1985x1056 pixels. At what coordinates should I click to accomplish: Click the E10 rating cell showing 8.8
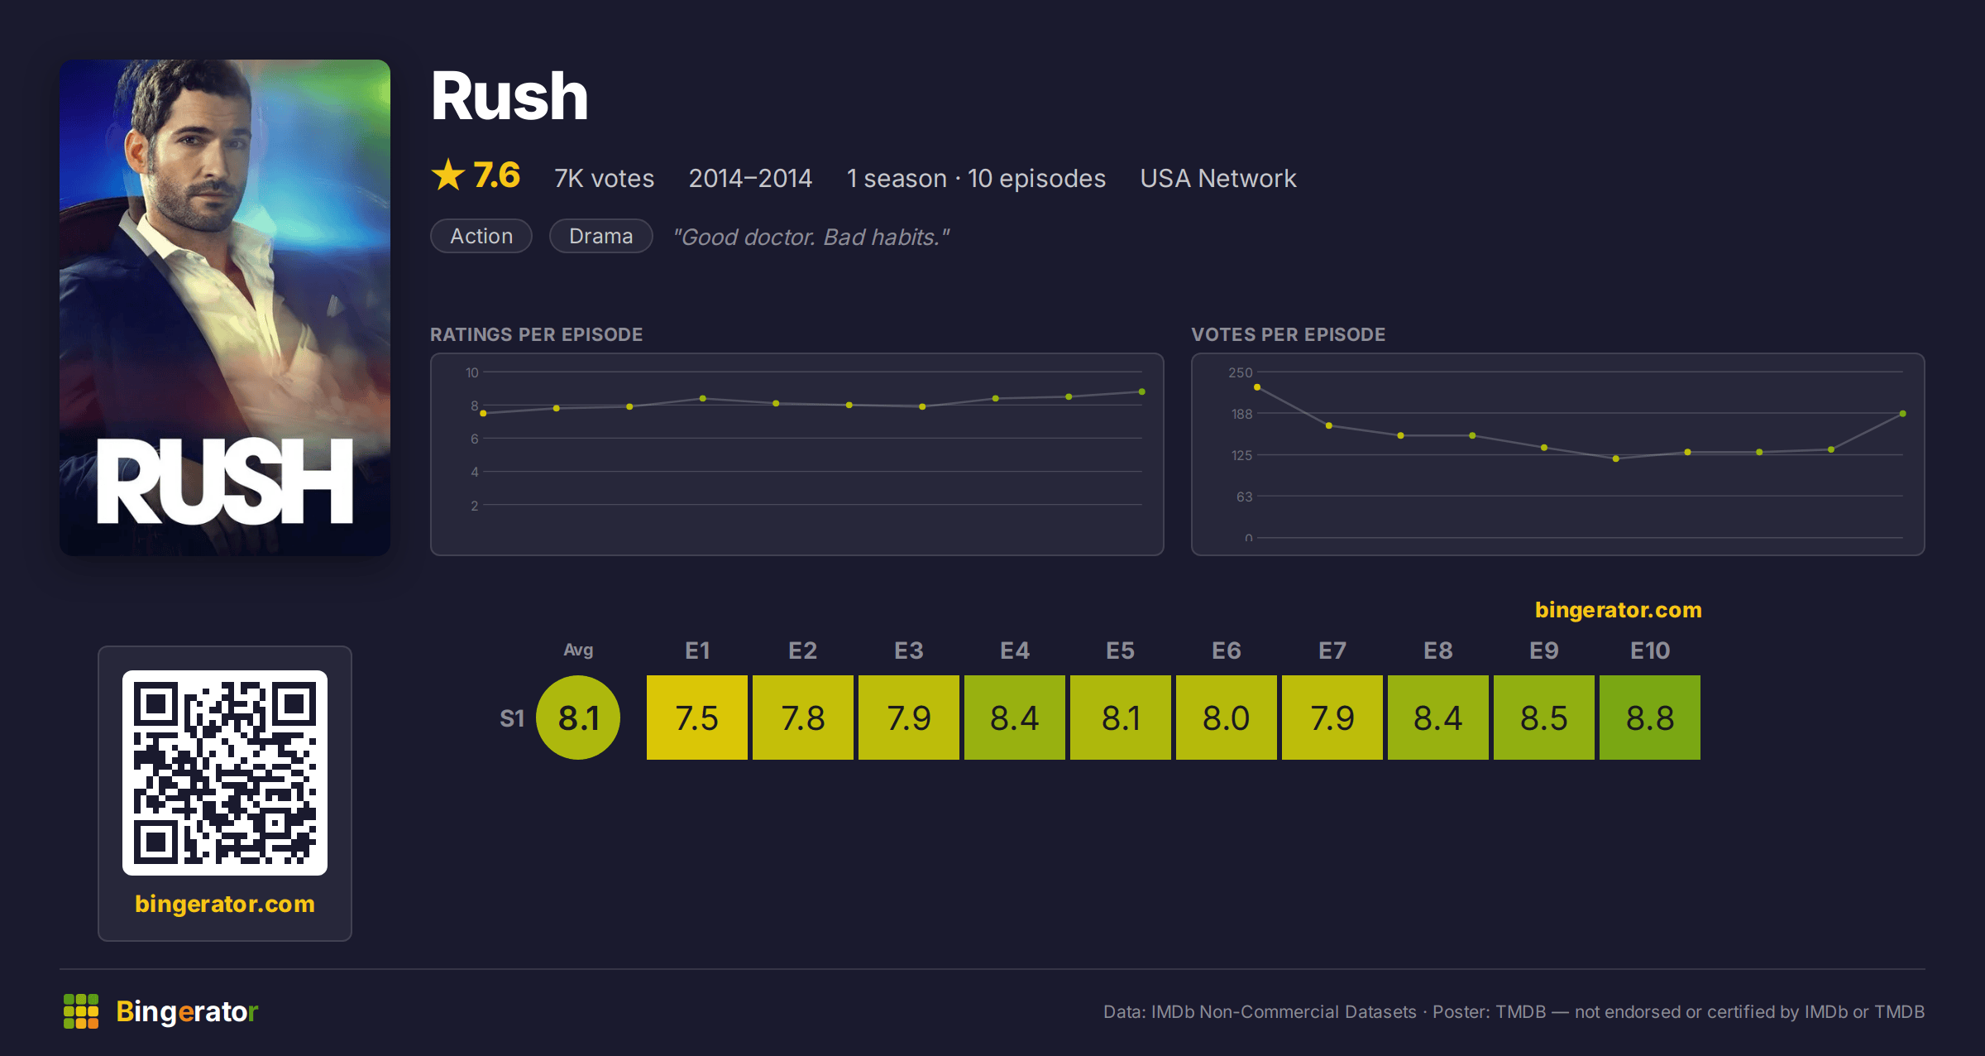(1650, 718)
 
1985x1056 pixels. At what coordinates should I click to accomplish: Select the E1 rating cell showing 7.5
(697, 718)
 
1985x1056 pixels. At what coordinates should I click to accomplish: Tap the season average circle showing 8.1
(578, 718)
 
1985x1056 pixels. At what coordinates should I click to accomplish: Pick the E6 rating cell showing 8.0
(1227, 718)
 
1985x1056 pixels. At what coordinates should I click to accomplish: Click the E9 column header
(1544, 650)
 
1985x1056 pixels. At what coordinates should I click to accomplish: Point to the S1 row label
(512, 718)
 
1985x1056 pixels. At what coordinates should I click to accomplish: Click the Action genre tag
(481, 236)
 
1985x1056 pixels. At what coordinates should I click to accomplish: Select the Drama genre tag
(601, 236)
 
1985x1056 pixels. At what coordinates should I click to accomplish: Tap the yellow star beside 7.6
(448, 175)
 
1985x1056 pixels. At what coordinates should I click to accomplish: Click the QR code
(225, 773)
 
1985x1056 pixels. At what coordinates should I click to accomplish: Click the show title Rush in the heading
(509, 96)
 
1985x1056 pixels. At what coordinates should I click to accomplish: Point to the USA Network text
(1218, 178)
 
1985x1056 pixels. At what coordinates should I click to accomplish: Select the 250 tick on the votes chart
(1241, 372)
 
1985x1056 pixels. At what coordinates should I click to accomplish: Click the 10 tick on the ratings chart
(472, 372)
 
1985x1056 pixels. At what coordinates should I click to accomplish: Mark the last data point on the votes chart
(1903, 414)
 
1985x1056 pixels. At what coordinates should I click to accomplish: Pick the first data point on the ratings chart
(484, 413)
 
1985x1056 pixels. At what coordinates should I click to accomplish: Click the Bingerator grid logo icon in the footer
(81, 1011)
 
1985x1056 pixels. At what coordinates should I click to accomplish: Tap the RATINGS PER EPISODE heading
(537, 334)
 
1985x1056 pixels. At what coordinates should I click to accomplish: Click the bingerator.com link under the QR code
(225, 904)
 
